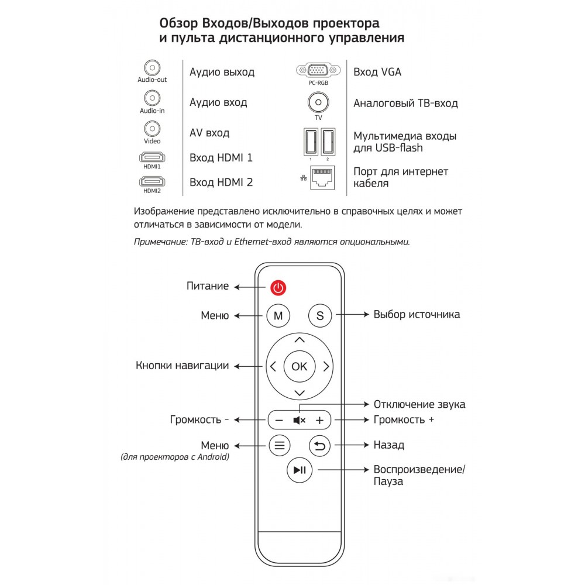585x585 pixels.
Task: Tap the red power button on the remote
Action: [x=278, y=288]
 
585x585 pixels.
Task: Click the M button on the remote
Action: [x=278, y=316]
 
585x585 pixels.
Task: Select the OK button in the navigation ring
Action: [x=300, y=366]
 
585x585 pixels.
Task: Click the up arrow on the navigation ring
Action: [x=300, y=340]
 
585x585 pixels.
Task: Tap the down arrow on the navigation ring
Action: [x=300, y=393]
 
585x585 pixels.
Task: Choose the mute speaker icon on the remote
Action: [x=299, y=421]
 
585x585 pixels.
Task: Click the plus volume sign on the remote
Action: [x=320, y=421]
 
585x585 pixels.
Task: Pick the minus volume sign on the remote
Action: [x=279, y=421]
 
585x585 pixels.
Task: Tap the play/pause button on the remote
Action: [x=300, y=470]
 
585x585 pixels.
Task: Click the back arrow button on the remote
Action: [x=320, y=445]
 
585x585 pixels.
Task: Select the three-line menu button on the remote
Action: [x=280, y=445]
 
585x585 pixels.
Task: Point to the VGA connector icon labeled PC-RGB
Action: [x=318, y=70]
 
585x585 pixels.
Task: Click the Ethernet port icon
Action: [x=323, y=178]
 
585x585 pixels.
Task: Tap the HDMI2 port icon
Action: [x=152, y=182]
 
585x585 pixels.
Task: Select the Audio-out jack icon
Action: [x=152, y=68]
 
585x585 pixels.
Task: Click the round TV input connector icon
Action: [x=318, y=102]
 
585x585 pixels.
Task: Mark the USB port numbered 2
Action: [x=328, y=142]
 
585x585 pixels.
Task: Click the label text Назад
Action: [x=389, y=445]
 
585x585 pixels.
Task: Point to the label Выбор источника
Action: [x=417, y=315]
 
